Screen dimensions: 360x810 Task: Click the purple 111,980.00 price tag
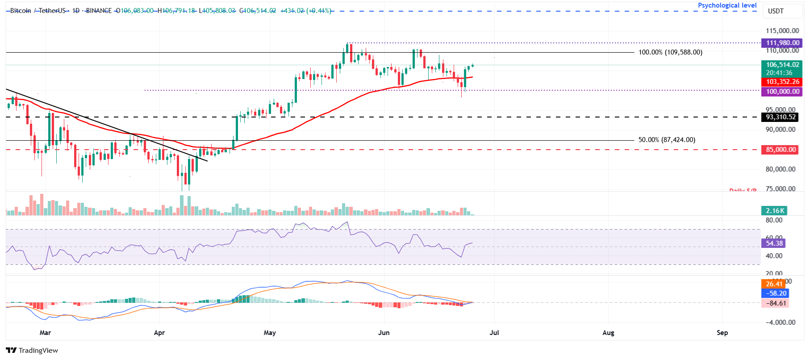pos(782,43)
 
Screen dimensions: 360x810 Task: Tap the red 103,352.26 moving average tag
pos(782,82)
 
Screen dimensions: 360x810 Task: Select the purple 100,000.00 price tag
pos(782,92)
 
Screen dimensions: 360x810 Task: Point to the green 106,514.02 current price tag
pos(782,65)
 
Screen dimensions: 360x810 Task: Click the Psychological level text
pos(727,5)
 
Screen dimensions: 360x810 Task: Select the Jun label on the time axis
pos(384,333)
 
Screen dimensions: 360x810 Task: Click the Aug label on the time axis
pos(608,333)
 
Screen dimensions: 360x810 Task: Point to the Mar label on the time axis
pos(45,333)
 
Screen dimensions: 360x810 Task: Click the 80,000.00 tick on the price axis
pos(780,169)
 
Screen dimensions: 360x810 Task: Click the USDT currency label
pos(776,11)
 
